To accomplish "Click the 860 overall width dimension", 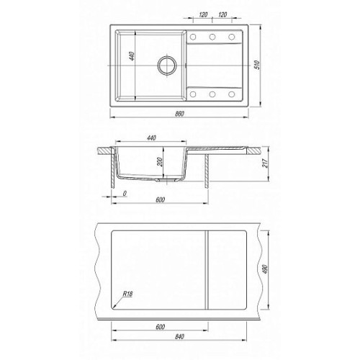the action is (x=179, y=114).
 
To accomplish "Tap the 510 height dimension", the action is (x=257, y=65).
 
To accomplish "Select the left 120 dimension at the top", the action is (x=203, y=14).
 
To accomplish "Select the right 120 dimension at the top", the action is (x=222, y=14).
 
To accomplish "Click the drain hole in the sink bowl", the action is (x=167, y=66).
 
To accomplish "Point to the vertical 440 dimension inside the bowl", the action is (x=132, y=55).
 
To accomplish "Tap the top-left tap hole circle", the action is (x=193, y=37).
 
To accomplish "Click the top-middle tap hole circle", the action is (x=212, y=37).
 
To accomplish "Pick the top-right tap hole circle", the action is (x=232, y=37).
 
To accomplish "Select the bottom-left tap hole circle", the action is (x=193, y=94).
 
